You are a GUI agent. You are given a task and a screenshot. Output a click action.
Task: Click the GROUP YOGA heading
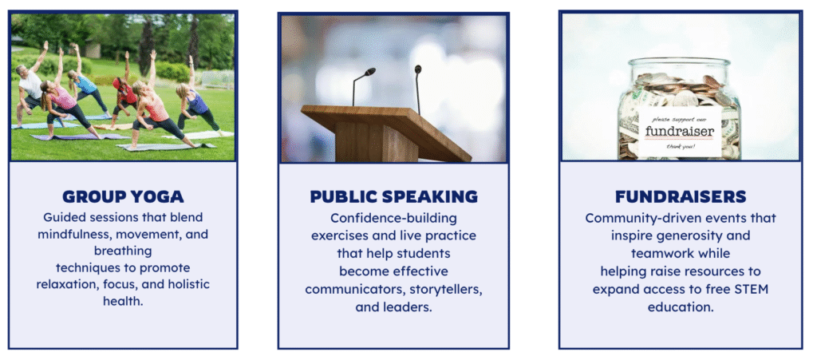click(123, 196)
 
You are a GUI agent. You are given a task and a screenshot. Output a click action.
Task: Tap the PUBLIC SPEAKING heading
click(393, 196)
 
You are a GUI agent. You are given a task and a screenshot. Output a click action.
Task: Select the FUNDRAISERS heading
click(681, 196)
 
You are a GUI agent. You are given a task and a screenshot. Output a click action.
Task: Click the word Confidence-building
click(393, 217)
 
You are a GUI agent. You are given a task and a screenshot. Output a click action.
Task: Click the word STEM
click(753, 289)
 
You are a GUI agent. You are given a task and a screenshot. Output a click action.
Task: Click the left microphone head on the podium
click(369, 71)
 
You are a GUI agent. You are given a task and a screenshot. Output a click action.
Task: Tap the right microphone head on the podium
click(418, 69)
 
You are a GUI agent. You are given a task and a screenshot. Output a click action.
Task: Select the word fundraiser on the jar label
click(679, 131)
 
